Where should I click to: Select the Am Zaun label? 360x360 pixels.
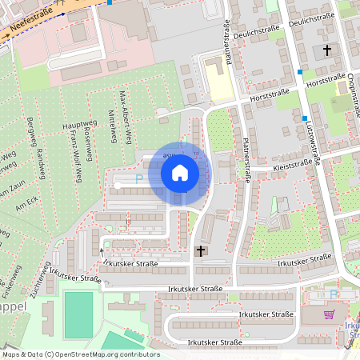point(15,183)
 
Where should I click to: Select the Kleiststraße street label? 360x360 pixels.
point(293,164)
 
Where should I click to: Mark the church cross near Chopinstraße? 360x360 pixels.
point(326,50)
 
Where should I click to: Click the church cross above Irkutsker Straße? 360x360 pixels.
point(201,251)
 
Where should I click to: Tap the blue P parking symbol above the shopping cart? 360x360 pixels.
point(334,294)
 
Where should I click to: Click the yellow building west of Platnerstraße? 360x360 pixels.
point(214,79)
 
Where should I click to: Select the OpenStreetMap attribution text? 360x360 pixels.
point(80,354)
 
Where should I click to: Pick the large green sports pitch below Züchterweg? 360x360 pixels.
point(78,315)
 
